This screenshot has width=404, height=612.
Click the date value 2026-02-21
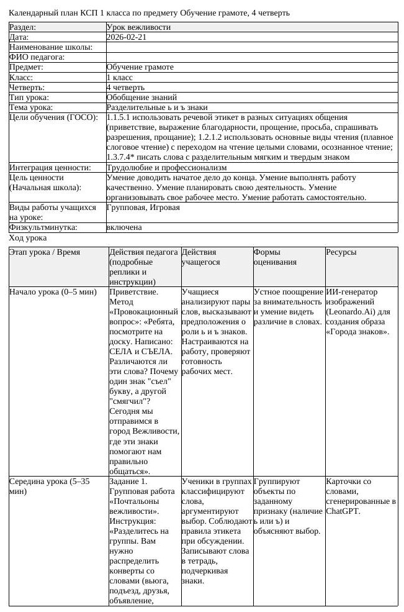click(127, 37)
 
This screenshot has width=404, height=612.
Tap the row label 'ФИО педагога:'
click(37, 57)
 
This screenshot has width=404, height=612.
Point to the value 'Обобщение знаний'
click(141, 98)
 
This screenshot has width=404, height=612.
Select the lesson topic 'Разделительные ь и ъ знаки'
click(157, 107)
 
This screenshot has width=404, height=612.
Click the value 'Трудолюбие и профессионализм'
click(166, 168)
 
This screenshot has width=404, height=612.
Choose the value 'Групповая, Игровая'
click(143, 208)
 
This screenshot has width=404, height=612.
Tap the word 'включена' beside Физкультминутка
click(124, 227)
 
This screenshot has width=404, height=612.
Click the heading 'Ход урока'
click(28, 238)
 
